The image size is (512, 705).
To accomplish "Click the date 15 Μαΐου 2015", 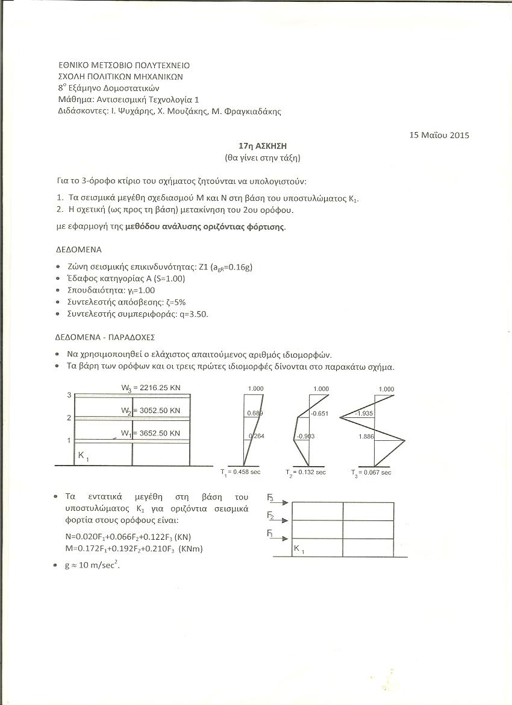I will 439,135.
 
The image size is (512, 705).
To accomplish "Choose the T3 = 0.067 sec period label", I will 371,472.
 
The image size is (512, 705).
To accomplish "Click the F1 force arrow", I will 279,537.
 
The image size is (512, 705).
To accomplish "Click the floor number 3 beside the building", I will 69,395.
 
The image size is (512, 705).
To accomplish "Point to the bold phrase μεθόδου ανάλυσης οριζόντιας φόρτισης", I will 205,227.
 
